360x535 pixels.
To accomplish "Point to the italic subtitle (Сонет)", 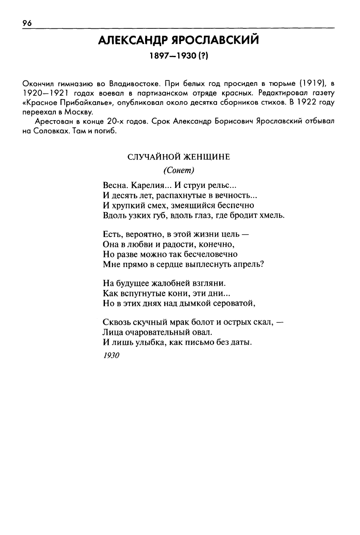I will (178, 170).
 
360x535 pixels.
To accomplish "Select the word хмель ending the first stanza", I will (272, 215).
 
